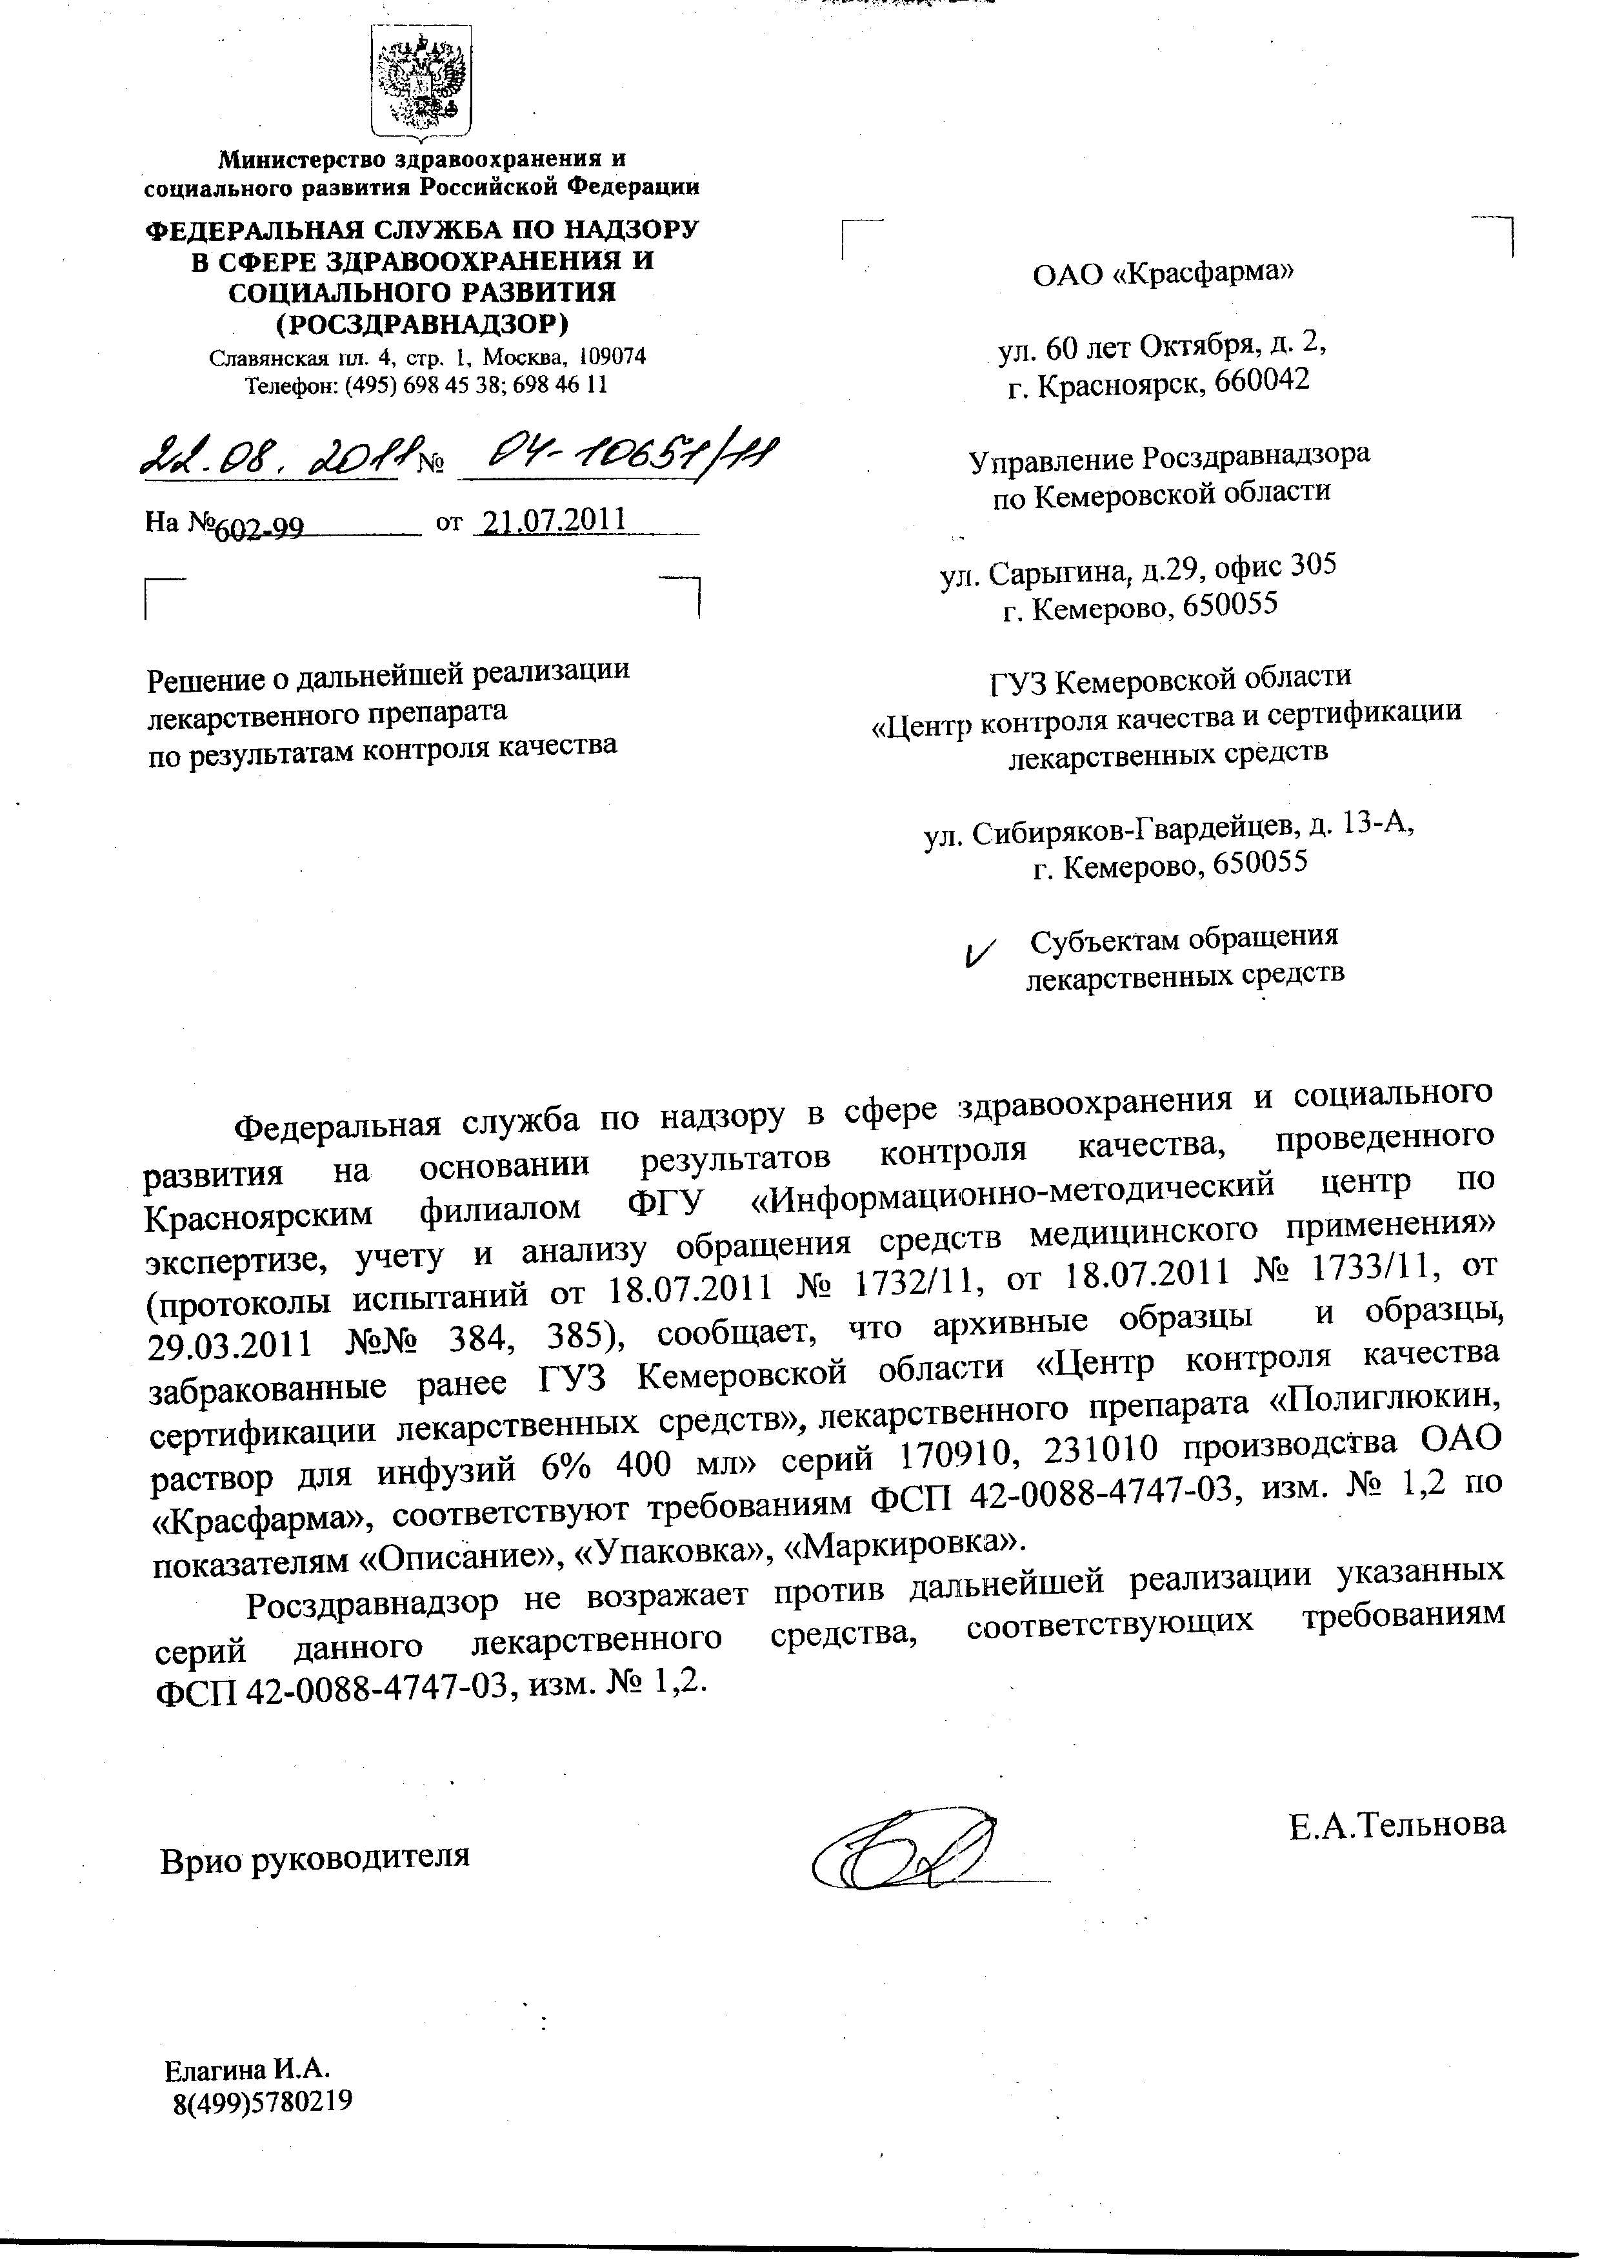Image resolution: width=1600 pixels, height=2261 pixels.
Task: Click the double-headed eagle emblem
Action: click(x=421, y=86)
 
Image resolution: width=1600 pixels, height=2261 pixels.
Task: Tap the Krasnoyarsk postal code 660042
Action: click(x=1262, y=380)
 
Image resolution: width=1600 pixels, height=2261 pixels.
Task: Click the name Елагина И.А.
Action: click(x=246, y=2067)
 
